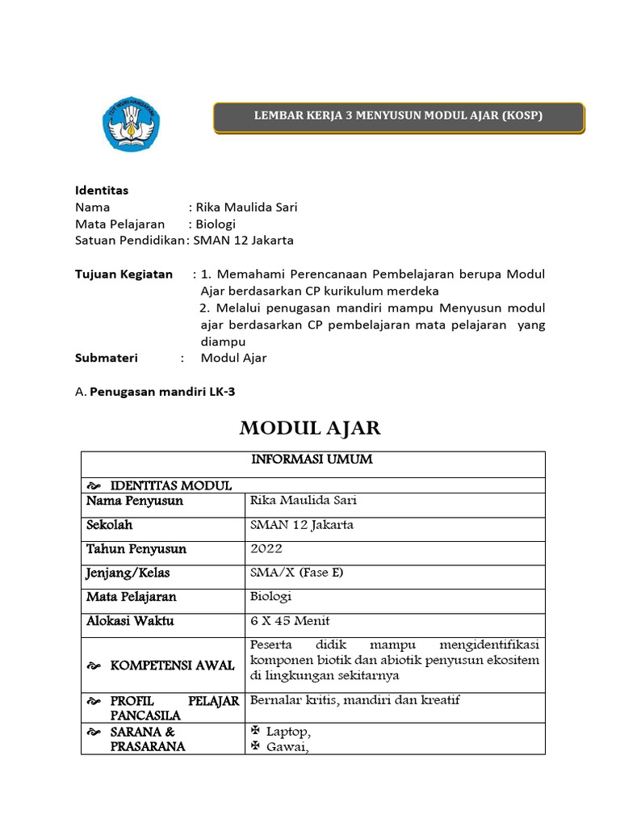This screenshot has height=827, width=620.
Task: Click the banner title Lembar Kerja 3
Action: point(398,116)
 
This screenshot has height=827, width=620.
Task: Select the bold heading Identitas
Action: point(102,191)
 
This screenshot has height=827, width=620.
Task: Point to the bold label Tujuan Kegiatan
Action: point(124,274)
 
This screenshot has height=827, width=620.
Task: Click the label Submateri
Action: point(107,358)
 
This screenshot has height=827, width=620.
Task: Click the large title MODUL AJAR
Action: point(310,428)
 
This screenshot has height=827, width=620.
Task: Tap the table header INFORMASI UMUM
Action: point(312,460)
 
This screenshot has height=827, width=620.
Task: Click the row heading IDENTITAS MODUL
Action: point(170,485)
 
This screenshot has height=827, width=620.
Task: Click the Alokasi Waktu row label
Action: point(130,621)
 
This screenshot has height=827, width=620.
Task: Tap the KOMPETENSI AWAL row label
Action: point(172,665)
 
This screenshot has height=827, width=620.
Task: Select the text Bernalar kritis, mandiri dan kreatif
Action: point(355,700)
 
